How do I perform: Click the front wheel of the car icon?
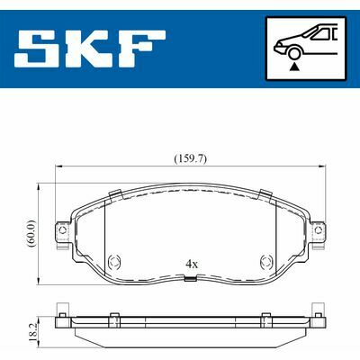[294, 53]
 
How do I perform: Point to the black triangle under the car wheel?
[294, 67]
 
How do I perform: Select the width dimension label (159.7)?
[191, 158]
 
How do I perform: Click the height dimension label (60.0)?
[31, 234]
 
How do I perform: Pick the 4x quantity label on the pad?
[192, 265]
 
